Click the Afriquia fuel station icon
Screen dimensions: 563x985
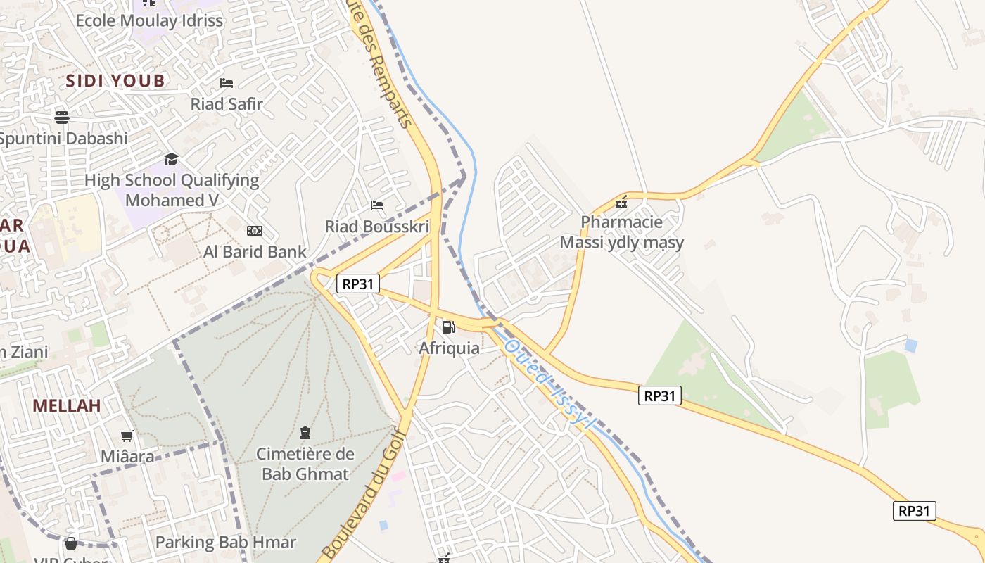click(448, 327)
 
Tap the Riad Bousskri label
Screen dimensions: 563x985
click(376, 227)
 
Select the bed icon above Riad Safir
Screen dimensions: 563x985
click(227, 83)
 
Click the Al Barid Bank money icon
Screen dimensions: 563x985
click(255, 231)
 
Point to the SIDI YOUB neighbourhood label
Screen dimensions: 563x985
click(115, 81)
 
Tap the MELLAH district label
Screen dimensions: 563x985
click(67, 405)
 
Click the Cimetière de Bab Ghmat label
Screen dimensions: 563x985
click(305, 464)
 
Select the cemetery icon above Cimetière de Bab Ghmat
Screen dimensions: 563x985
click(305, 432)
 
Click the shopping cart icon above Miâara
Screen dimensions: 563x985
click(127, 436)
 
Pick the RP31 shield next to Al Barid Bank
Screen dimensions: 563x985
click(358, 284)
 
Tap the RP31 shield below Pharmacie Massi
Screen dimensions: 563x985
click(659, 396)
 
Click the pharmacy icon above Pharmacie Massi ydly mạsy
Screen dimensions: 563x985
click(621, 202)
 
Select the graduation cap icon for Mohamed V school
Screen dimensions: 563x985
click(171, 159)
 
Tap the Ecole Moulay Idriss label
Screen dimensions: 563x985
click(149, 20)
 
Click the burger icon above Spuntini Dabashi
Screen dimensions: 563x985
click(62, 117)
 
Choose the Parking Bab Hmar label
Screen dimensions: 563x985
click(225, 543)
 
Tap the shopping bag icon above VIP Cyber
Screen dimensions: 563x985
click(70, 543)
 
